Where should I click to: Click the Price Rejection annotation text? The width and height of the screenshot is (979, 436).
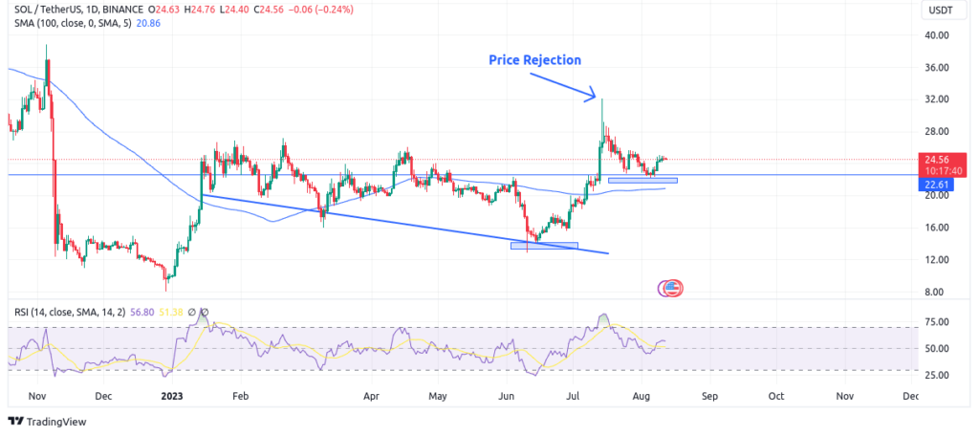pos(534,60)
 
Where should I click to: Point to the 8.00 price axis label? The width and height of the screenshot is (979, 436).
pos(934,292)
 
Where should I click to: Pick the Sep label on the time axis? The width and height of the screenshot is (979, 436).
pos(708,395)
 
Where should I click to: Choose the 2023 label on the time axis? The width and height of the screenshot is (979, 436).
pos(173,395)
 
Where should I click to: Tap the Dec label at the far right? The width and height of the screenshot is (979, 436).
pos(911,395)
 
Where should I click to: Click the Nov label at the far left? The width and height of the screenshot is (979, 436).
pos(36,395)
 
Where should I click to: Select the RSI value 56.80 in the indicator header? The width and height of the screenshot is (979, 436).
pos(136,311)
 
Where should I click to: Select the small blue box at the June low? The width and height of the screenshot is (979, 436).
pos(544,246)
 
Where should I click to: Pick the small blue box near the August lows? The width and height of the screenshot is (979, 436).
pos(642,180)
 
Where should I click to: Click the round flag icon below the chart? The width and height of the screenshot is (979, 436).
pos(671,286)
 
